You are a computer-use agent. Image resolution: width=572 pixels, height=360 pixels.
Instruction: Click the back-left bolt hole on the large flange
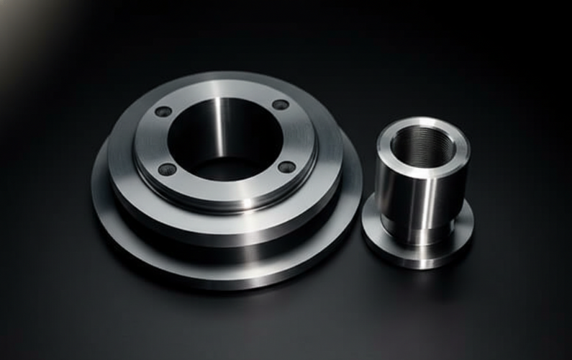[164, 112]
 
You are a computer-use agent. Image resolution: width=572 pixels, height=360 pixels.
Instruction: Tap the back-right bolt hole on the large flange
[281, 105]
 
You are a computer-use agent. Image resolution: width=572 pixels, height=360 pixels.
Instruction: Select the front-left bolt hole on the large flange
[167, 169]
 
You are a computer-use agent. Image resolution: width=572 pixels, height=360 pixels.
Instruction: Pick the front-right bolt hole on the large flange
[286, 167]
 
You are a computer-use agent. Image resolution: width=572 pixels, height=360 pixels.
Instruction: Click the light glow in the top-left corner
[18, 18]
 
